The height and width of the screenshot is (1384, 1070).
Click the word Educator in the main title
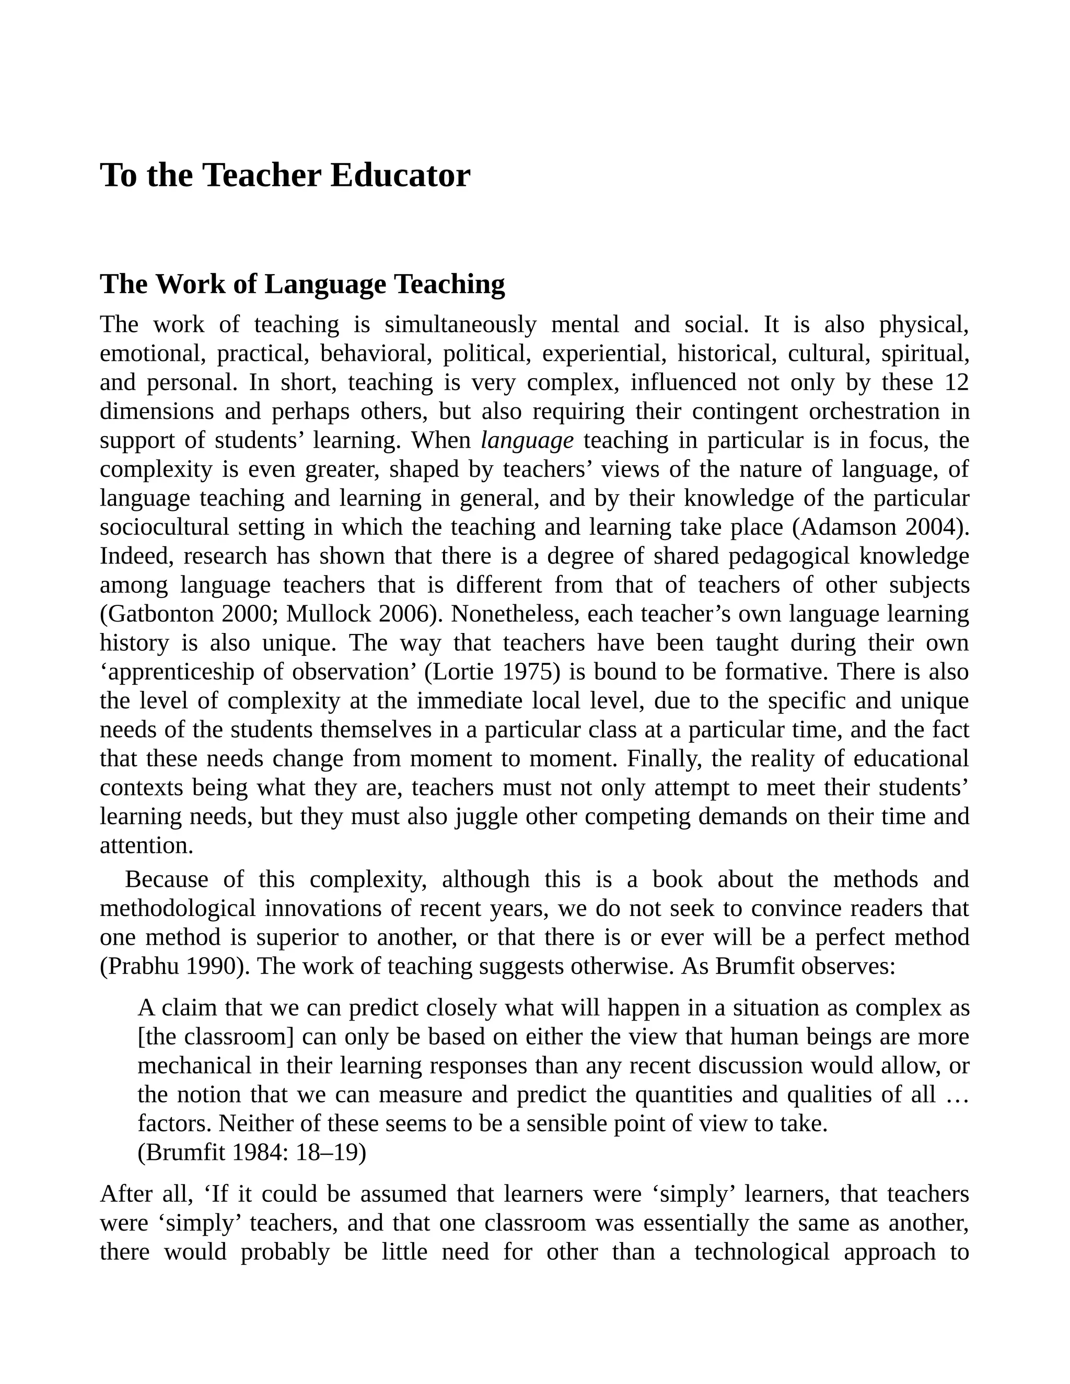pyautogui.click(x=400, y=175)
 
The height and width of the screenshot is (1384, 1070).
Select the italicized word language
pyautogui.click(x=527, y=440)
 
